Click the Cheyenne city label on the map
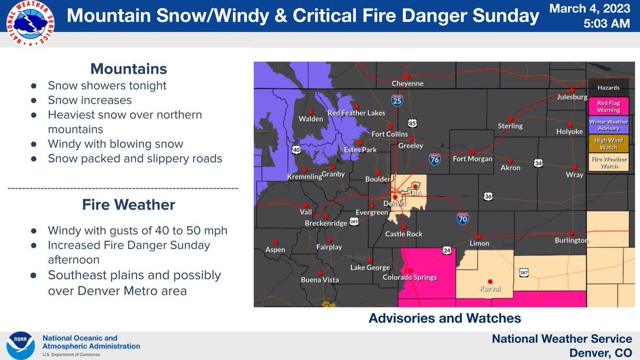point(407,84)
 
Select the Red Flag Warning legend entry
point(608,107)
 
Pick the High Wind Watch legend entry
point(608,143)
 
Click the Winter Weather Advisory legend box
point(608,125)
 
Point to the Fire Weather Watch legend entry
point(608,162)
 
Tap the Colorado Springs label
point(410,277)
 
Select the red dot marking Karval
point(490,282)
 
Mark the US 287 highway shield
point(522,272)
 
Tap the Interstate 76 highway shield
point(435,158)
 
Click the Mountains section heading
point(129,69)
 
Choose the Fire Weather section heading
point(129,205)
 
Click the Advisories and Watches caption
point(444,318)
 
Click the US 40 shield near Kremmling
point(297,150)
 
